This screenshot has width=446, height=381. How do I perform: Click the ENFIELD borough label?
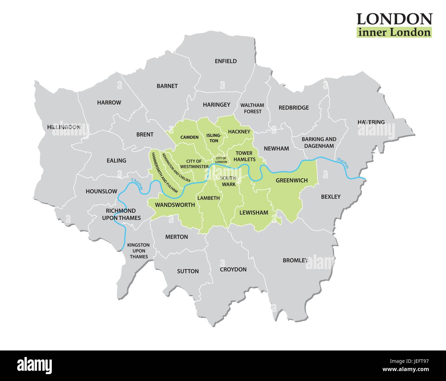[x=225, y=61]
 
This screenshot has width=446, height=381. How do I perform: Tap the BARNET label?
[x=167, y=86]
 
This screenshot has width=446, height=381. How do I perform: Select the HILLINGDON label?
[x=64, y=127]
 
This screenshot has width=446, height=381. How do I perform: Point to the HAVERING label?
[x=371, y=122]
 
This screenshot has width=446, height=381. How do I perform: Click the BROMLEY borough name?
[x=295, y=260]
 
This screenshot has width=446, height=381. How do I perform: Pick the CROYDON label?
[x=233, y=269]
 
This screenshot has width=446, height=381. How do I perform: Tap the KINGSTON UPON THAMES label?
[x=139, y=251]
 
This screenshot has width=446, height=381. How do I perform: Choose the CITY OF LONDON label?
[x=221, y=160]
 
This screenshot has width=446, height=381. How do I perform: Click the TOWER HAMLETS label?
[x=244, y=156]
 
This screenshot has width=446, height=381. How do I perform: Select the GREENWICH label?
[x=292, y=180]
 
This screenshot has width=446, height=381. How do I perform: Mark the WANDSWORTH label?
[x=175, y=205]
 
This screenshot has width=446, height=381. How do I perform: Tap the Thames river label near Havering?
[x=342, y=163]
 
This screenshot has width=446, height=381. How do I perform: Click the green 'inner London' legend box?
[x=394, y=32]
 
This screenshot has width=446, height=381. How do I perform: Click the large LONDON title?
[x=394, y=19]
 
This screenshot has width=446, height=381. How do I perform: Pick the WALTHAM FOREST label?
[x=252, y=108]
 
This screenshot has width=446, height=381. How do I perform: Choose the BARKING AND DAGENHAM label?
[x=319, y=142]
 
